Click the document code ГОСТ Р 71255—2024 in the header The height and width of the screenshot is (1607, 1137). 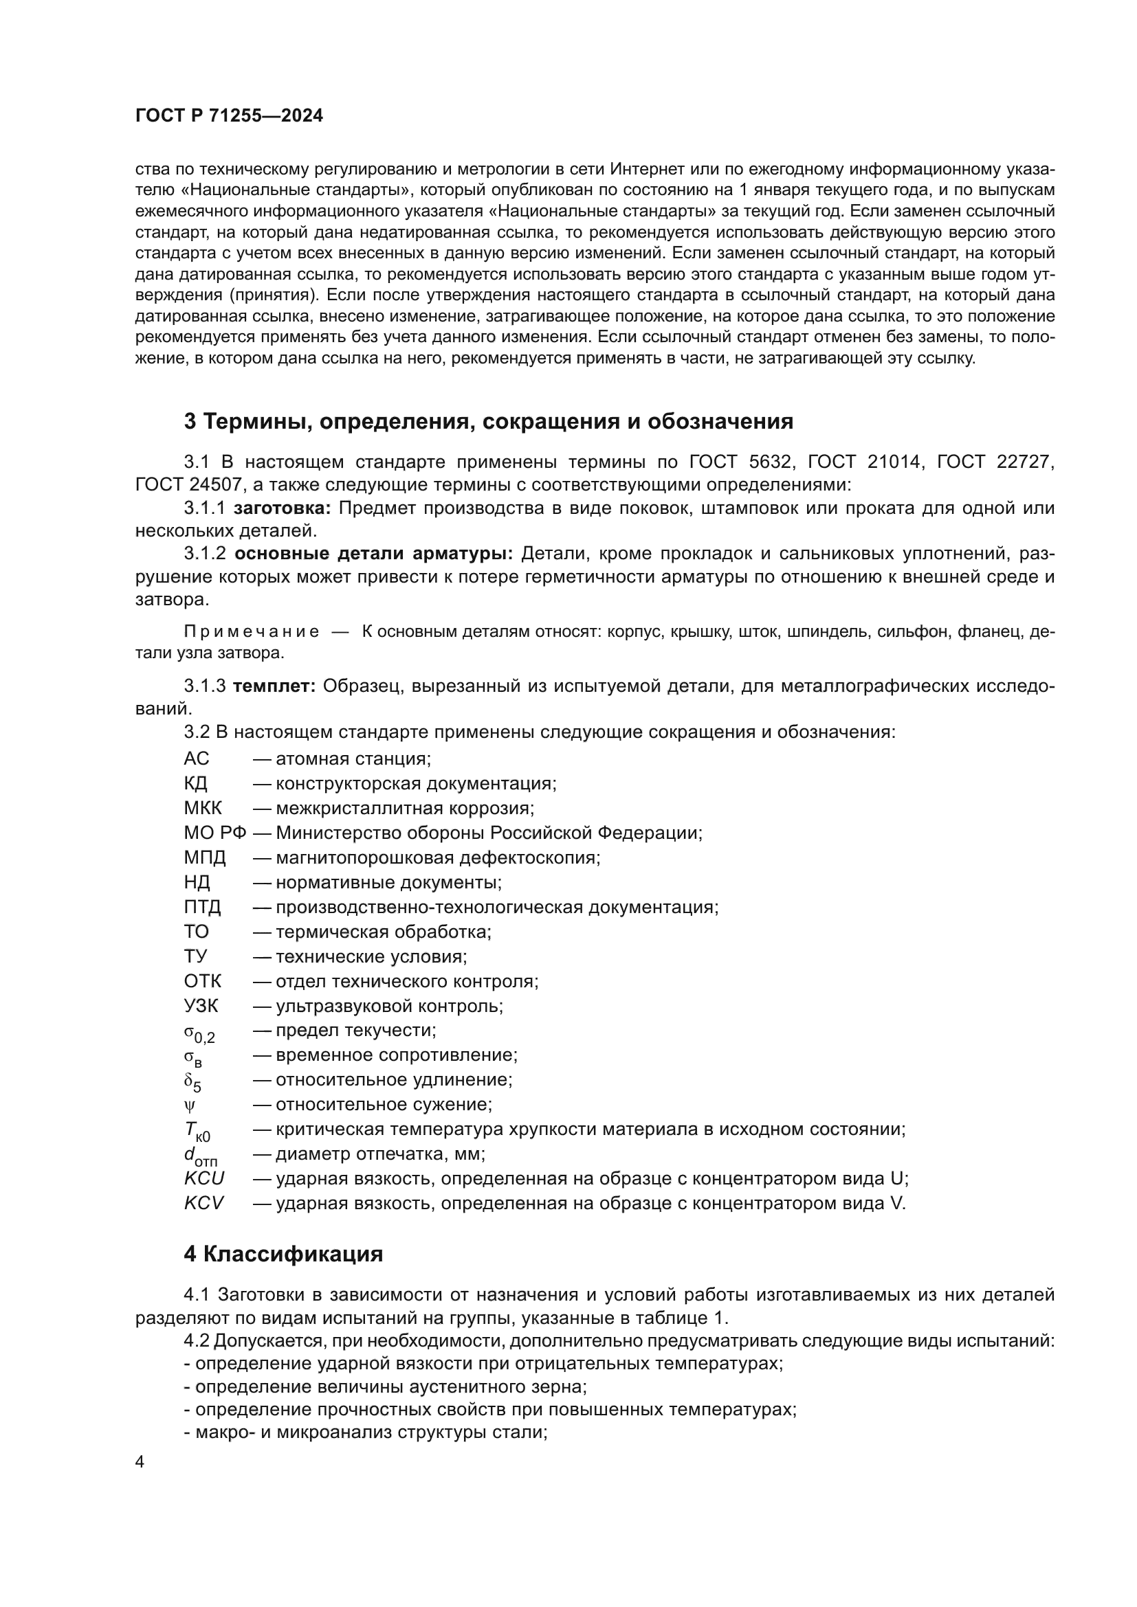pos(229,116)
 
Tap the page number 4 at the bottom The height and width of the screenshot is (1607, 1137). pos(140,1462)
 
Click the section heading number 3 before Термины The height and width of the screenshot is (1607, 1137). pos(190,421)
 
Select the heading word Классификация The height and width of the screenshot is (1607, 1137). pos(293,1254)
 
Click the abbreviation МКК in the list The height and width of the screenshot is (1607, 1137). pos(202,808)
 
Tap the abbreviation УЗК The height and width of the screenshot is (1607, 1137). pos(201,1006)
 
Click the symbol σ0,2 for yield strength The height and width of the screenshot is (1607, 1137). pos(199,1033)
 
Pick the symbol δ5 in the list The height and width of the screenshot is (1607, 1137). pos(192,1082)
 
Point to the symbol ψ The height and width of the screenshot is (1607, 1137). pos(190,1105)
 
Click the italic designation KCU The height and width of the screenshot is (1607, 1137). pos(203,1179)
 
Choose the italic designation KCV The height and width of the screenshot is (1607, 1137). pos(203,1203)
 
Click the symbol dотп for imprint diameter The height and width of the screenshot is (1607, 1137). pos(199,1156)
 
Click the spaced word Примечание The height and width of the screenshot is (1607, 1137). pos(252,632)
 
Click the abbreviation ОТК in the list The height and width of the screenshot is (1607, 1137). pos(202,981)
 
